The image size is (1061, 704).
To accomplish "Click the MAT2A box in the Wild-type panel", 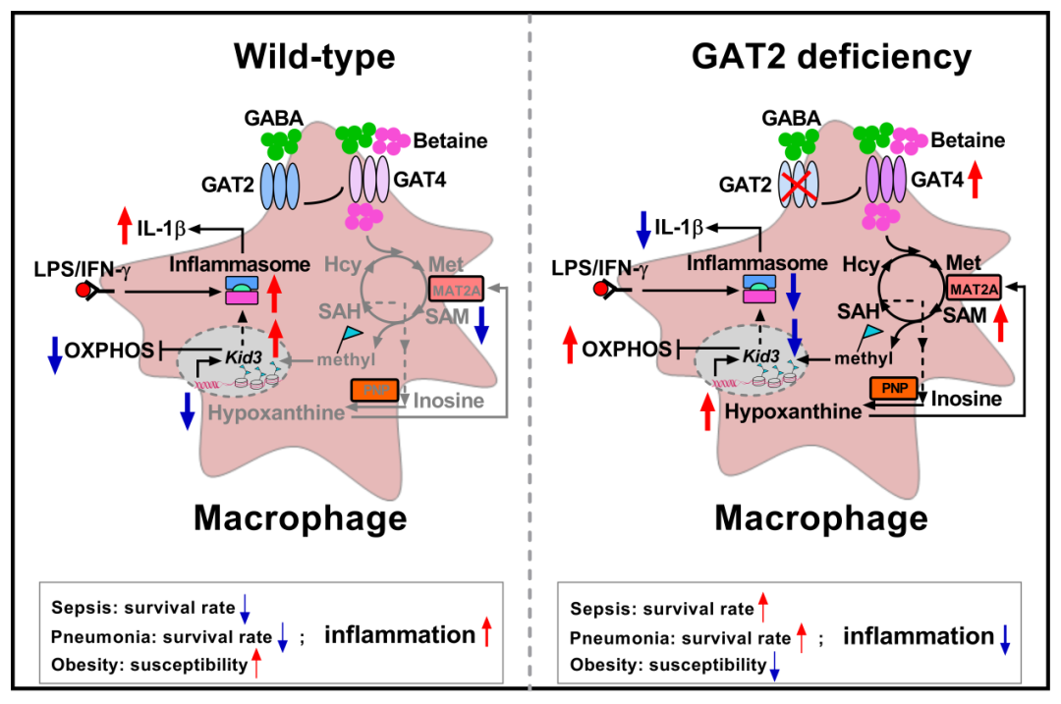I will [x=457, y=289].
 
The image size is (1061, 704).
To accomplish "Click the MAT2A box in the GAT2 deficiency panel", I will [x=975, y=289].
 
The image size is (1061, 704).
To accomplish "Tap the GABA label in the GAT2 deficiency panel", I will [x=793, y=119].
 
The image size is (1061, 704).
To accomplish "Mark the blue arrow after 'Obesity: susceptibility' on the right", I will [x=774, y=667].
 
